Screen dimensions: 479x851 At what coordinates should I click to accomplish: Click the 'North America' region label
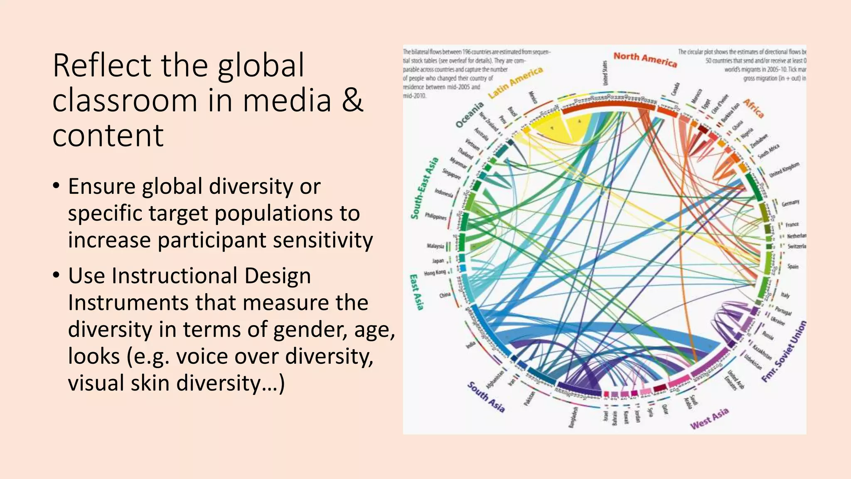645,59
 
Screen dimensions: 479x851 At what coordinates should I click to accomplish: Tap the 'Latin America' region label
515,82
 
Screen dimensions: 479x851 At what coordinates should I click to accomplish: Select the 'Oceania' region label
470,114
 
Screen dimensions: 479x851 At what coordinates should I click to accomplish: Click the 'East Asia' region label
416,292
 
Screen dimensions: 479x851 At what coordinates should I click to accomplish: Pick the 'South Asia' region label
486,397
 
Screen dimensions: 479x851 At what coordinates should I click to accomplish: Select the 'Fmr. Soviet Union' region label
784,352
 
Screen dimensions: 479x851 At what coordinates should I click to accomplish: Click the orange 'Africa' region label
753,109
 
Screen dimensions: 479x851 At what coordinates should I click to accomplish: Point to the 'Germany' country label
790,203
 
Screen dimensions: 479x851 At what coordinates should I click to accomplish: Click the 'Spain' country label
793,266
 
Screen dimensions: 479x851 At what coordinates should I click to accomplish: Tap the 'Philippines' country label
435,216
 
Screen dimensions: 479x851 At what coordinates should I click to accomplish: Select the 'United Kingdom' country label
784,170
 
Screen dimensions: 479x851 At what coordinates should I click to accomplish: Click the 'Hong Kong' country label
435,273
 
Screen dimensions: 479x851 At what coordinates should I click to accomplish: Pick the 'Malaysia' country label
435,246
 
